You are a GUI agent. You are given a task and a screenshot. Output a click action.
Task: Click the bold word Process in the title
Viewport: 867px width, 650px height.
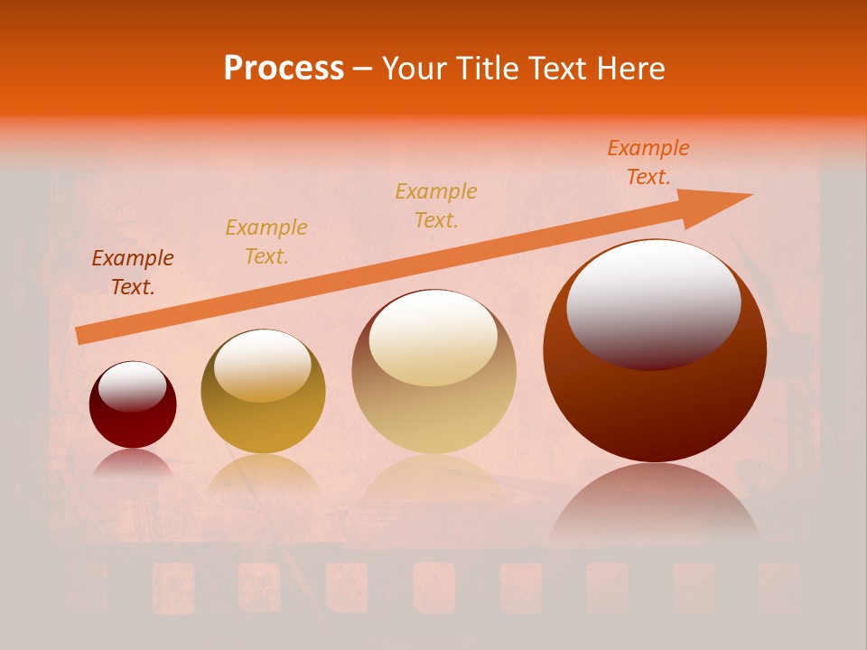click(x=284, y=69)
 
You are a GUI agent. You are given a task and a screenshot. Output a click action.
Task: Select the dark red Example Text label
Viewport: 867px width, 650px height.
click(x=133, y=273)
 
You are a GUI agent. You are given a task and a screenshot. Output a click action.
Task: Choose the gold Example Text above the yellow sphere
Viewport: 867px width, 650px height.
click(x=266, y=242)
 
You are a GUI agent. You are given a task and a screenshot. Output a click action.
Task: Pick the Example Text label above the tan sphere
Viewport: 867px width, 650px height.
click(x=436, y=205)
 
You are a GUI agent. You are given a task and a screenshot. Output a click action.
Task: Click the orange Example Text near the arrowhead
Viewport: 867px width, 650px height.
click(x=648, y=162)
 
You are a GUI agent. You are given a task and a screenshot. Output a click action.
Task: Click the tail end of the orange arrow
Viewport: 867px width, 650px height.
click(x=79, y=336)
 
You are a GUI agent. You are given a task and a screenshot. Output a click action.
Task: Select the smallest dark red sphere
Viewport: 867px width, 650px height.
click(x=133, y=417)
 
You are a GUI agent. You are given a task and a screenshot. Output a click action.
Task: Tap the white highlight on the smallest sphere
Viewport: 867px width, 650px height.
click(x=132, y=385)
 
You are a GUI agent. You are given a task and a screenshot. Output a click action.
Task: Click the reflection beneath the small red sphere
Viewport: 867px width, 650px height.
click(x=133, y=463)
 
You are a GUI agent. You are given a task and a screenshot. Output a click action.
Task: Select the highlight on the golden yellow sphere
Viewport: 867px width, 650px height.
click(x=263, y=364)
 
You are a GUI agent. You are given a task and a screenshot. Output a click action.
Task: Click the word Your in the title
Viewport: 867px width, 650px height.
click(x=415, y=69)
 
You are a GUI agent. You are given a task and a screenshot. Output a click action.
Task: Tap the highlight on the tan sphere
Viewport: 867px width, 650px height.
click(x=433, y=337)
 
